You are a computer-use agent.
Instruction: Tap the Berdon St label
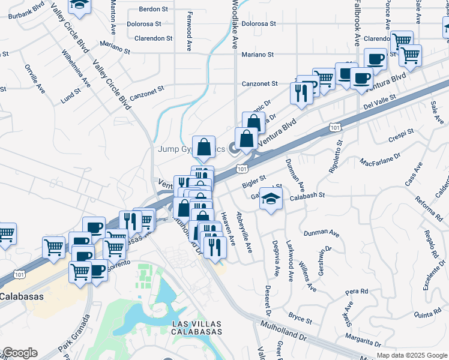pyautogui.click(x=153, y=10)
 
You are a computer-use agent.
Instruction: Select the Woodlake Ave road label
pyautogui.click(x=235, y=24)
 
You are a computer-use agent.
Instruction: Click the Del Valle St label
pyautogui.click(x=381, y=102)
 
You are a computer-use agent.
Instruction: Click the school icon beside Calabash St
pyautogui.click(x=271, y=198)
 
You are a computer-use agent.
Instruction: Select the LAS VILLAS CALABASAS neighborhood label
pyautogui.click(x=197, y=328)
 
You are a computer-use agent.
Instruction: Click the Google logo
pyautogui.click(x=19, y=353)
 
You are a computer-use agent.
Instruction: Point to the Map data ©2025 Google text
pyautogui.click(x=411, y=355)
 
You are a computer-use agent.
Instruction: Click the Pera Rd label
pyautogui.click(x=357, y=292)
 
